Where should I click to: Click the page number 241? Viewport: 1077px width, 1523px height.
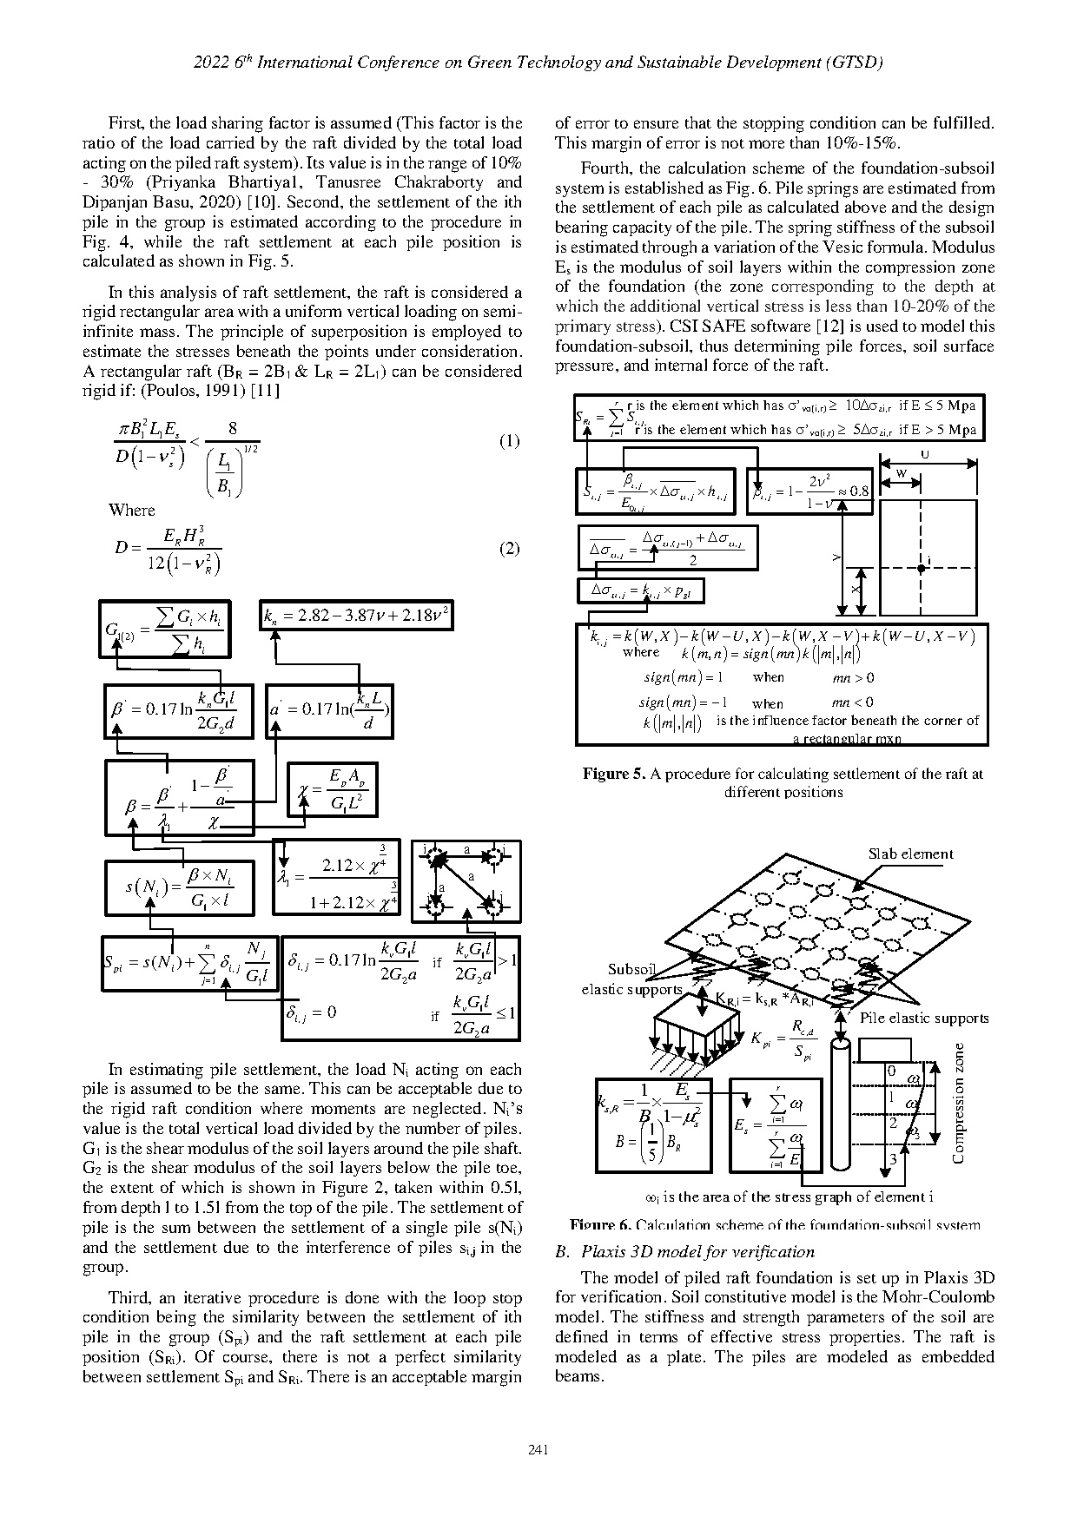(x=538, y=1448)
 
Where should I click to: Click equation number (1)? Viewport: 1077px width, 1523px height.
(x=509, y=441)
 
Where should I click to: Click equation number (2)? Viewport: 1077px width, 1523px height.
(x=509, y=549)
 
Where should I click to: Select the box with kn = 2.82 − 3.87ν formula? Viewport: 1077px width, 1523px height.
(x=357, y=616)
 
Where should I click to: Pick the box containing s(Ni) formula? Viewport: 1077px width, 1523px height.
(x=180, y=887)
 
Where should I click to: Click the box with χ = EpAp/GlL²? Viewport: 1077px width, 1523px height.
(x=333, y=789)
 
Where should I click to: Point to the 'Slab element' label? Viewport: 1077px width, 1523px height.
(x=910, y=854)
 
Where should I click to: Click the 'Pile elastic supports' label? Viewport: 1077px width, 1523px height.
(x=923, y=1018)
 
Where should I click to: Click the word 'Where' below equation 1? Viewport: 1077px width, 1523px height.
(x=132, y=510)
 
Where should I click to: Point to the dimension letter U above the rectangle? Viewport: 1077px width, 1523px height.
(x=925, y=454)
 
